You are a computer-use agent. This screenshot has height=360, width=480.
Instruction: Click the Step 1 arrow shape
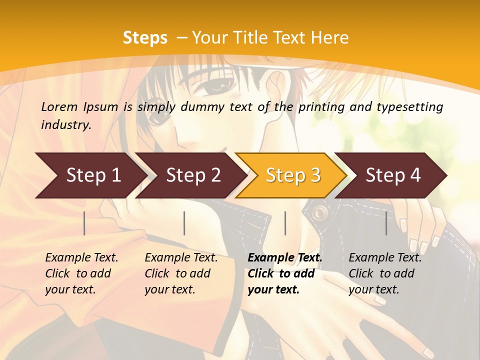pyautogui.click(x=90, y=175)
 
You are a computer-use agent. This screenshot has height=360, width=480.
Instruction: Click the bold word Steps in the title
pyautogui.click(x=145, y=37)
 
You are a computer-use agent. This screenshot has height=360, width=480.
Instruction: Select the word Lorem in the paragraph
pyautogui.click(x=59, y=106)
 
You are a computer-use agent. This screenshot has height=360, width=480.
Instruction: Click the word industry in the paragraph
pyautogui.click(x=65, y=124)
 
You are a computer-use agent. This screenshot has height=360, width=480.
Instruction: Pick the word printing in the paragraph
pyautogui.click(x=325, y=106)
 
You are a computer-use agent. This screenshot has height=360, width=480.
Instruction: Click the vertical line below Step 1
pyautogui.click(x=84, y=223)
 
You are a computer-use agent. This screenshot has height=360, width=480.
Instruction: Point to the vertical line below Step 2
pyautogui.click(x=184, y=223)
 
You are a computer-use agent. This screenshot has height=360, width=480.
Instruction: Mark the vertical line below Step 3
pyautogui.click(x=285, y=223)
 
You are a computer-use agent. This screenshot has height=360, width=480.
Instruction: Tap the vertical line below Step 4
pyautogui.click(x=386, y=223)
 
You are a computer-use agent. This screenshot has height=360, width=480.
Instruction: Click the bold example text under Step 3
pyautogui.click(x=284, y=273)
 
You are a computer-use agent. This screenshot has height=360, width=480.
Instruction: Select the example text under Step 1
pyautogui.click(x=81, y=273)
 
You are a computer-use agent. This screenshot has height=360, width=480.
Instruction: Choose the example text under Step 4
pyautogui.click(x=385, y=273)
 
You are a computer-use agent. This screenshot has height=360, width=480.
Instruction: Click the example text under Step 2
pyautogui.click(x=181, y=273)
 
